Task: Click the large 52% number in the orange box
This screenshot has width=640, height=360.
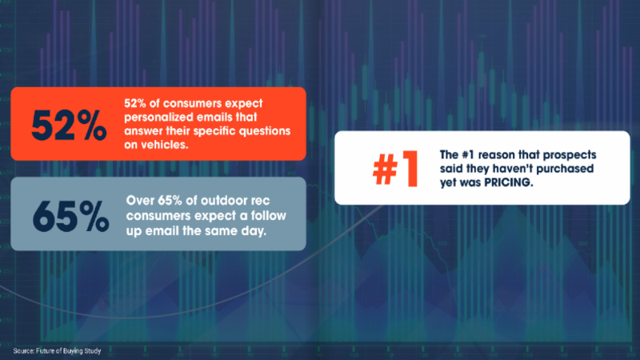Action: [x=69, y=126]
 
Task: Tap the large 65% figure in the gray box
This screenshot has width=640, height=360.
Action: [x=70, y=217]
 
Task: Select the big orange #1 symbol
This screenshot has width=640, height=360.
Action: [x=395, y=169]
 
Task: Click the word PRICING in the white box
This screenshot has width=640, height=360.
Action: [x=508, y=182]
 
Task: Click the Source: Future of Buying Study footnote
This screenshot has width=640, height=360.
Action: [x=57, y=351]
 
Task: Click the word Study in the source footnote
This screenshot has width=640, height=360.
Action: [x=93, y=351]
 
